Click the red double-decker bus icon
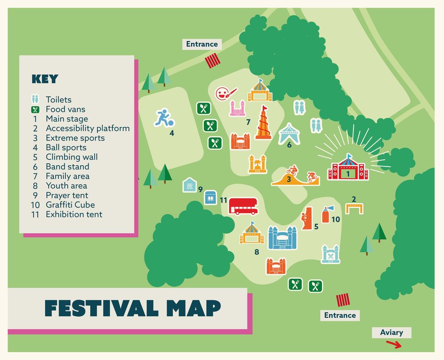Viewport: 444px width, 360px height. (243, 206)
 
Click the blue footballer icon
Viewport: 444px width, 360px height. (163, 118)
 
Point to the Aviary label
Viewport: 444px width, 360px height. (392, 332)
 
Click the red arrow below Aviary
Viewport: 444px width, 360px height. (393, 344)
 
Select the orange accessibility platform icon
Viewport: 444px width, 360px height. (354, 208)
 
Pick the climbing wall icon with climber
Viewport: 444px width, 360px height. (306, 218)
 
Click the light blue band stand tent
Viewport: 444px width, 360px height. (289, 134)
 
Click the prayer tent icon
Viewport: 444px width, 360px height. (190, 185)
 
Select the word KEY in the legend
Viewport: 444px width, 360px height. (44, 79)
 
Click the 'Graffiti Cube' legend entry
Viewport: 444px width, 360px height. (70, 205)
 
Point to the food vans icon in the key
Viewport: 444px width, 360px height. (36, 109)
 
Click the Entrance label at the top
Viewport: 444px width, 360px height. (202, 44)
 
